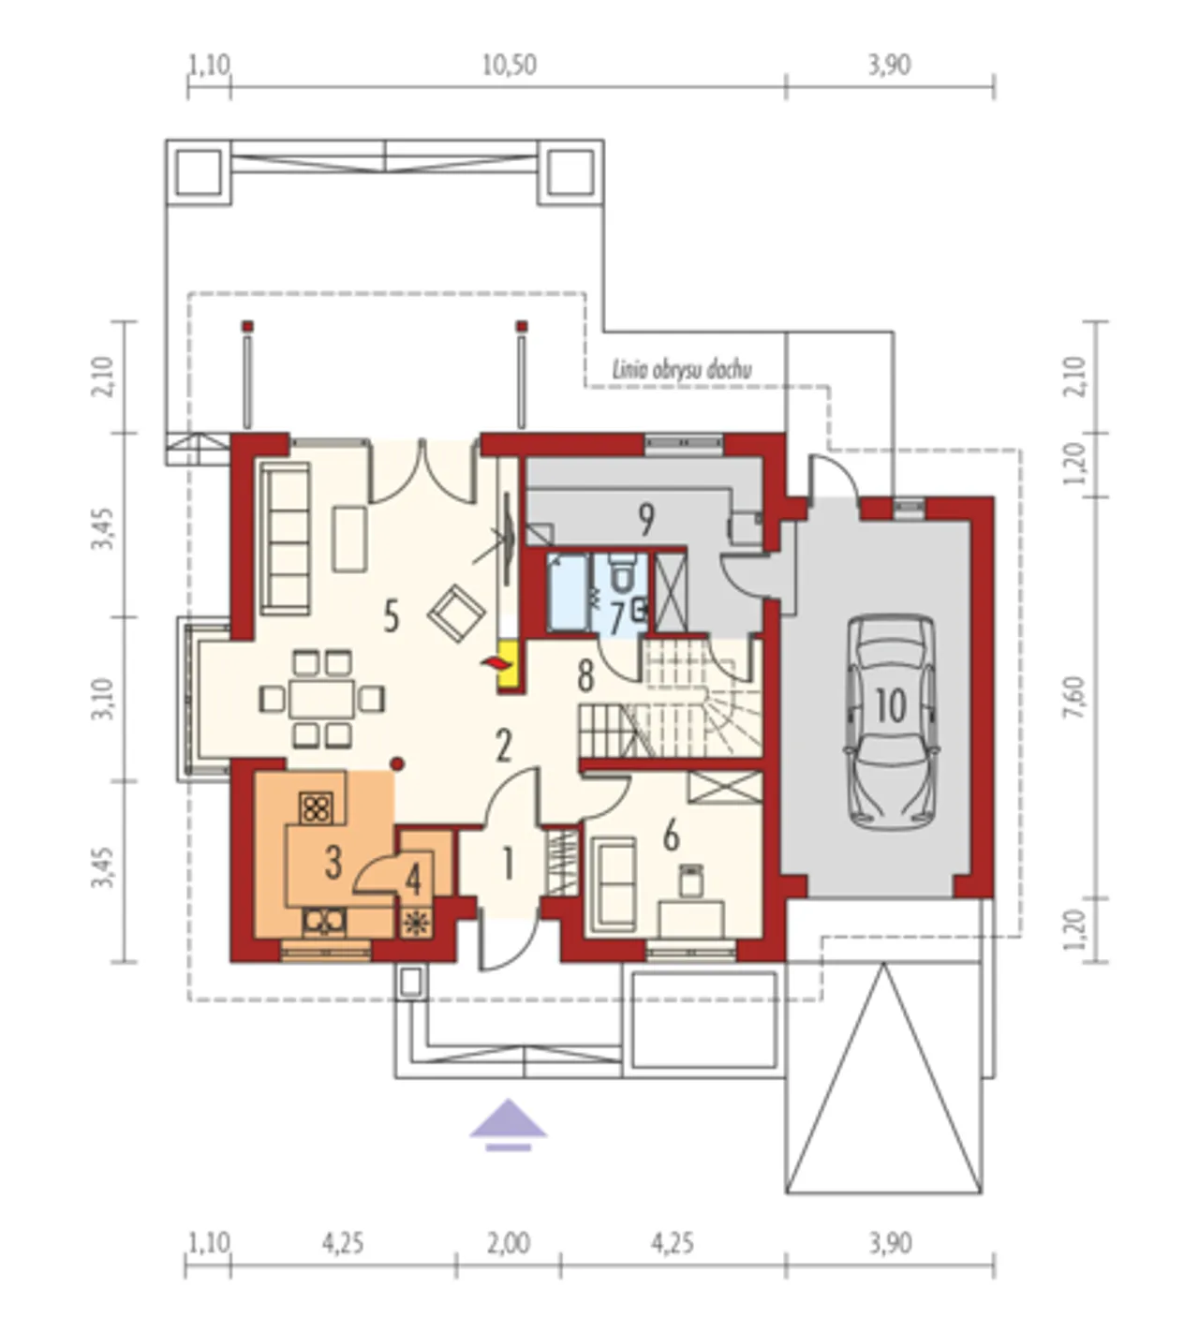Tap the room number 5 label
click(392, 618)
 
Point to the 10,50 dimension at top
click(509, 66)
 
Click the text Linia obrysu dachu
click(682, 370)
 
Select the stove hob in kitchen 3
click(317, 808)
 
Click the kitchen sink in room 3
click(324, 922)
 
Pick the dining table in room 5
click(321, 699)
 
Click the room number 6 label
click(671, 836)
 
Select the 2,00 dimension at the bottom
click(508, 1242)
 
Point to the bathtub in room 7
click(568, 592)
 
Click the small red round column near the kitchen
click(397, 764)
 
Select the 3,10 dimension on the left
click(103, 698)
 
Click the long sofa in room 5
click(286, 540)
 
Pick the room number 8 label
click(585, 676)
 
